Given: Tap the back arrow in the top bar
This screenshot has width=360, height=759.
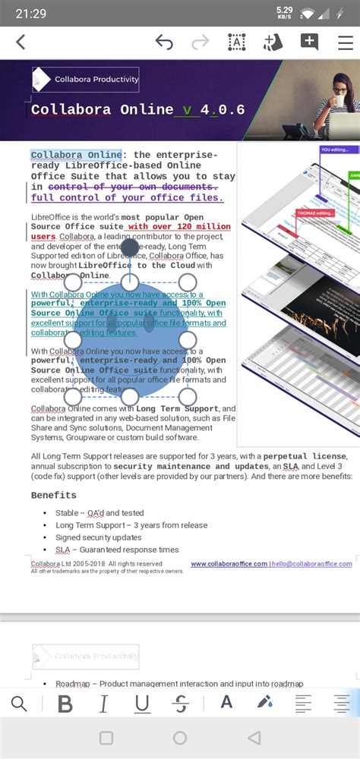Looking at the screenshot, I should click(21, 43).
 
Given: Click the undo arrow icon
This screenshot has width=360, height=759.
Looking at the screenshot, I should click(164, 43).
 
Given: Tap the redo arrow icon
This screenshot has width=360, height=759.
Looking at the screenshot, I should click(201, 43).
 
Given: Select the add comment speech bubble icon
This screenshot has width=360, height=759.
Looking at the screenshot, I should click(309, 43).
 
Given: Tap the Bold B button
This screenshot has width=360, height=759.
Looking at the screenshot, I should click(65, 704).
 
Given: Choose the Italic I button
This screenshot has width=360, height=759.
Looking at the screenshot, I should click(103, 704).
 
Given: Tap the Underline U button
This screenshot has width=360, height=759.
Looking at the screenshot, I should click(142, 704).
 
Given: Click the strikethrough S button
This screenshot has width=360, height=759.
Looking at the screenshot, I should click(180, 704).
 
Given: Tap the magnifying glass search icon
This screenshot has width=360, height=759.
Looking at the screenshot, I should click(19, 704).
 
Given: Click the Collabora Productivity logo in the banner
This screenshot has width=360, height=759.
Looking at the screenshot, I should click(86, 79).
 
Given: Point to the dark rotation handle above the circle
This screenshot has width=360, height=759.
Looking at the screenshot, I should click(130, 247).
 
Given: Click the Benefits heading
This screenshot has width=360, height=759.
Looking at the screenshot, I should click(53, 495).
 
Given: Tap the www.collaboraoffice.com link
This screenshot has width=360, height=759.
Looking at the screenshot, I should click(229, 564).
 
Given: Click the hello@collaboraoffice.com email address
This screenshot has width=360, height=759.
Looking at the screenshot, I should click(312, 564).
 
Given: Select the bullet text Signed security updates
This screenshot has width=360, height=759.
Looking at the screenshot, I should click(98, 537).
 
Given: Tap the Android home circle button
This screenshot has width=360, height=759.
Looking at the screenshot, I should click(180, 738).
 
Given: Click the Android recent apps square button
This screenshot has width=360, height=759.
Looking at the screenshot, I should click(106, 738).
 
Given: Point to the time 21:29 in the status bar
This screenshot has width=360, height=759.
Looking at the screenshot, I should click(30, 14).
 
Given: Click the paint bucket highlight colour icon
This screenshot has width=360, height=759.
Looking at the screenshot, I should click(264, 703).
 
